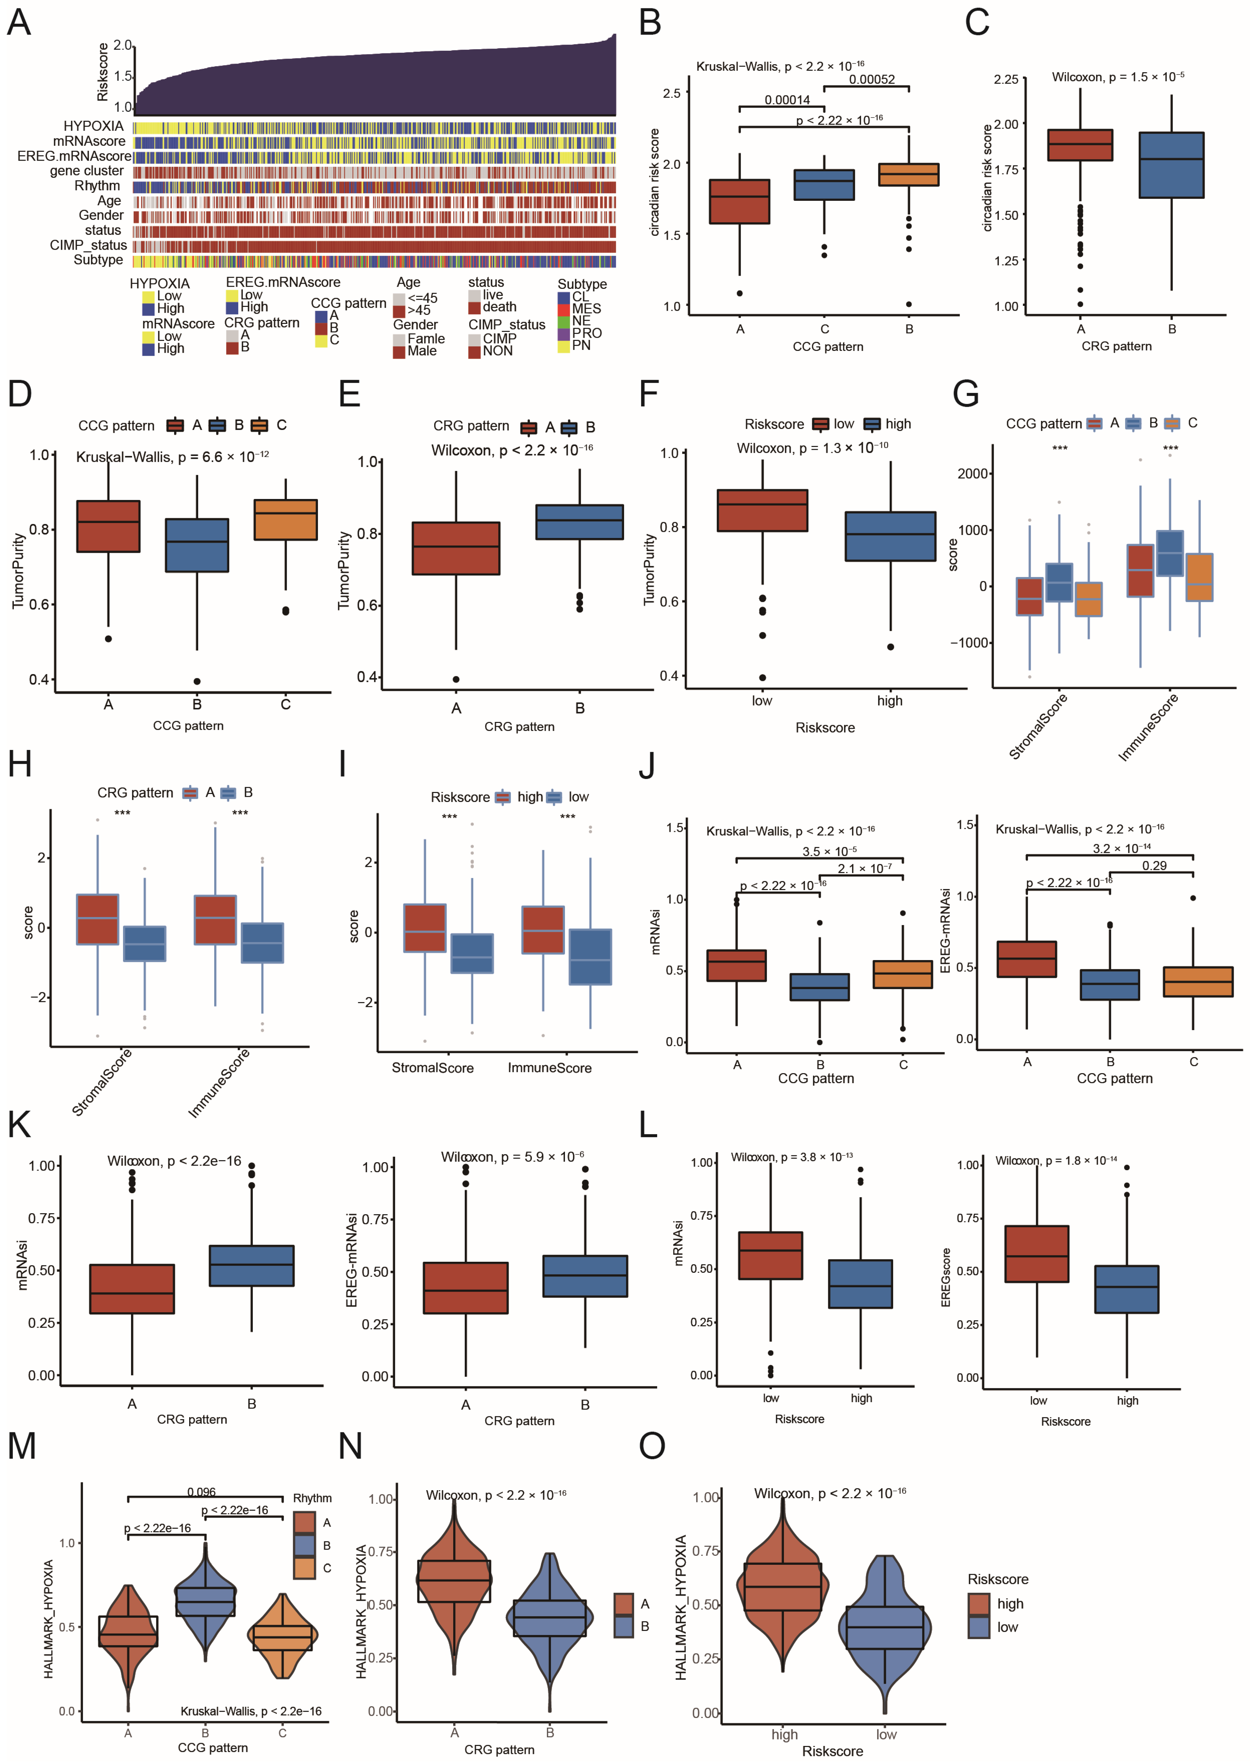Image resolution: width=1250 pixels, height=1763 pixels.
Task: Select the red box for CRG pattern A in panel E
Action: point(456,548)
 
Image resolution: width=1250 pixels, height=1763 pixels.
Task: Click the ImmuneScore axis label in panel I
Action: point(550,1068)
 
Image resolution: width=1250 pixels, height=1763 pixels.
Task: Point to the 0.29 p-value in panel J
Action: point(1154,865)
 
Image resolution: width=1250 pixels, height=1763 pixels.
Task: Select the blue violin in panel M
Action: point(205,1601)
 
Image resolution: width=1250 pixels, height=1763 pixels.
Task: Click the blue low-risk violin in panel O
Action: point(885,1628)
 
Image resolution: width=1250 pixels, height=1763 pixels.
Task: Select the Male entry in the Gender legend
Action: point(422,351)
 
